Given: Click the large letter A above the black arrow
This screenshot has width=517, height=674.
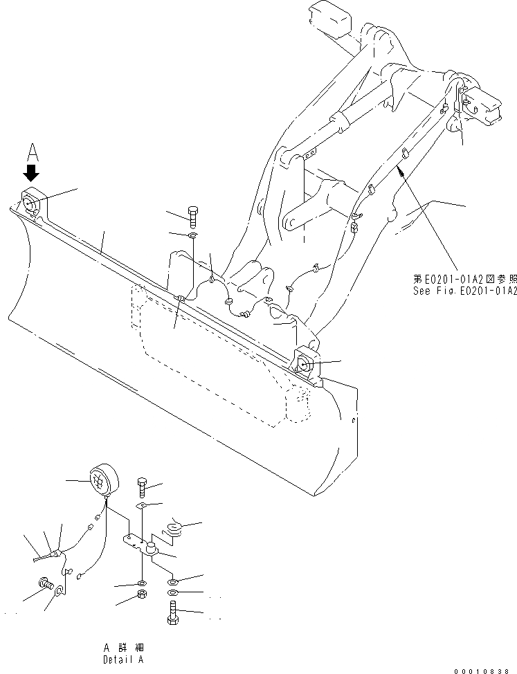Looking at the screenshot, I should (x=31, y=152).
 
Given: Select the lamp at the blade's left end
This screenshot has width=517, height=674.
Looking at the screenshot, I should (x=32, y=203).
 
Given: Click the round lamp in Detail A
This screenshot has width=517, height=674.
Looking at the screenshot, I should (x=102, y=479).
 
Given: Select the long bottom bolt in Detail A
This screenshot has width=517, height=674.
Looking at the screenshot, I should (x=173, y=612).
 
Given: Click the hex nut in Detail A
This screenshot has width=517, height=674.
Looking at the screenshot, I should (x=141, y=595).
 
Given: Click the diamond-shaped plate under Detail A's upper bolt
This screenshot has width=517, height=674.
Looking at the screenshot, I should (x=141, y=507).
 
